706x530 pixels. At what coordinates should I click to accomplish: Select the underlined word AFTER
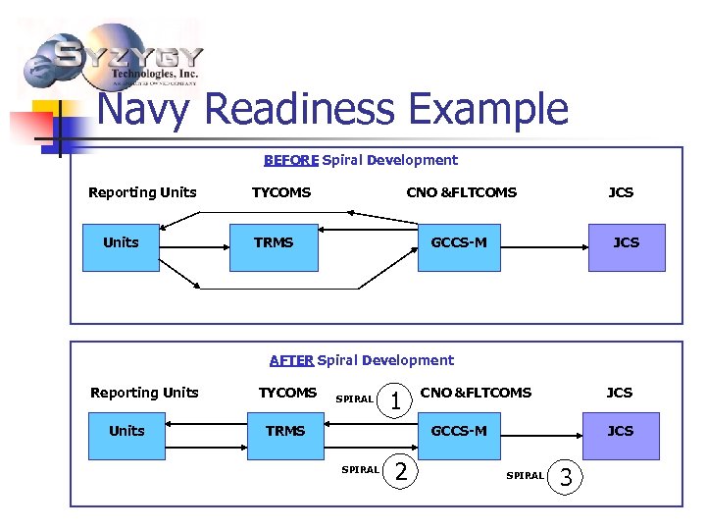coord(291,360)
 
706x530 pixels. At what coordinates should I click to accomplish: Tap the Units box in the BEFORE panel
coord(122,243)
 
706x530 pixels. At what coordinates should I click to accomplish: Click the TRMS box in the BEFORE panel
coord(274,243)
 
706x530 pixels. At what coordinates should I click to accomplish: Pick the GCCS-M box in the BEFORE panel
coord(459,243)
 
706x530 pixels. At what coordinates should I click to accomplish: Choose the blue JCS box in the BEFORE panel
coord(626,243)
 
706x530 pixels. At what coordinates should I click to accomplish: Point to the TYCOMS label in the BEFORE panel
coord(281,192)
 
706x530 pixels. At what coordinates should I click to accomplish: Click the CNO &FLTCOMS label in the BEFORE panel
coord(461,192)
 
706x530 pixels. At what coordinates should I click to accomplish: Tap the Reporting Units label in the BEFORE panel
coord(142,192)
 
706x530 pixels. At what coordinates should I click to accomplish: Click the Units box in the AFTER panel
coord(126,432)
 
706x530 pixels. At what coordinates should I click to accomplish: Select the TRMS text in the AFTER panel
coord(285,431)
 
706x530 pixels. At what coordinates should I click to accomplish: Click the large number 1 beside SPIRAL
coord(395,399)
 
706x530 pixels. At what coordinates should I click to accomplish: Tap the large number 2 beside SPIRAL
coord(399,471)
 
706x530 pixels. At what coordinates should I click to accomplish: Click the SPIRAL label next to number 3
coord(525,476)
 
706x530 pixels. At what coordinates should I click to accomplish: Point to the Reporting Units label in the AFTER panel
coord(144,393)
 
